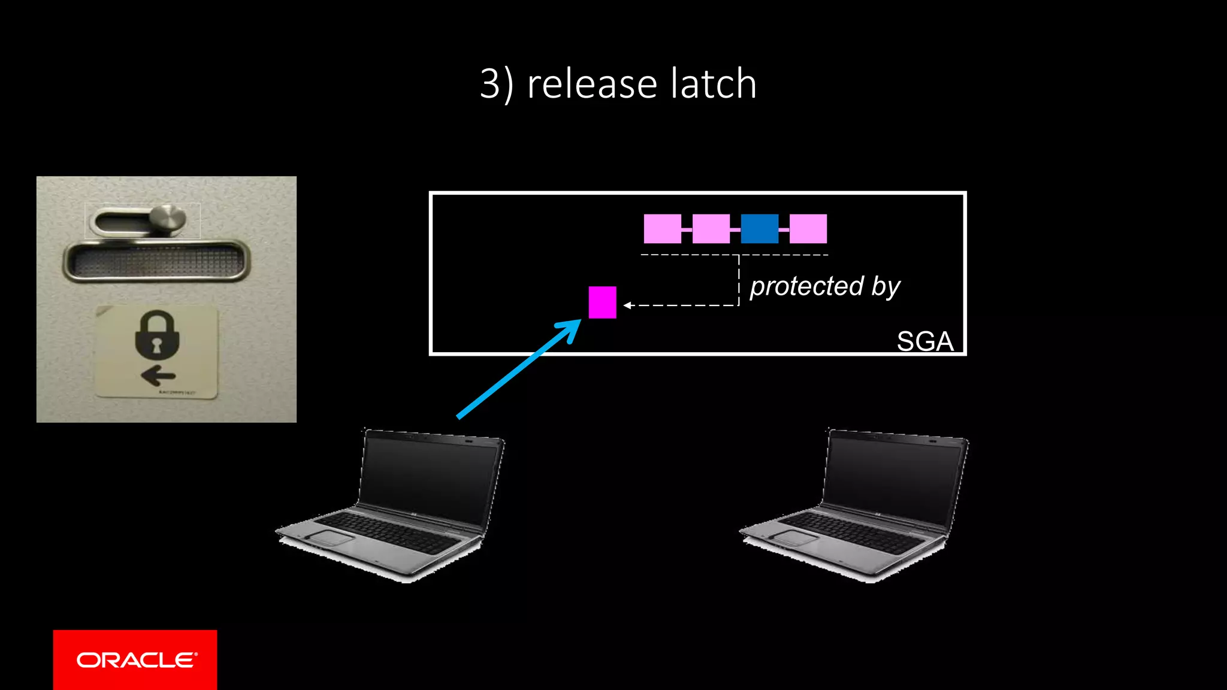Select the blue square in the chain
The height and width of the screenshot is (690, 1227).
759,229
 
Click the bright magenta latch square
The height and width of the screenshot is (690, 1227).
602,302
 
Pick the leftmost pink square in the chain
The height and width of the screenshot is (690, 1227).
662,229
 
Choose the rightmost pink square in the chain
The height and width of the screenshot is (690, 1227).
808,229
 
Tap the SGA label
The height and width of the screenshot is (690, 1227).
924,341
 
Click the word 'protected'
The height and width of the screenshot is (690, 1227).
806,286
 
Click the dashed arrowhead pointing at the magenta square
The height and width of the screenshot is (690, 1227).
627,305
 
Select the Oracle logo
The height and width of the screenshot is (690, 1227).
135,660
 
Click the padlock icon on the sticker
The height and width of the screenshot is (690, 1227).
157,335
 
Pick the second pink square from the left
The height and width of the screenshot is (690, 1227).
711,229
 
